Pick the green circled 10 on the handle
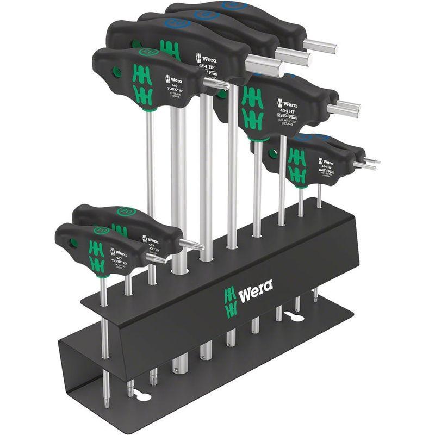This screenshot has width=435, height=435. (101, 230)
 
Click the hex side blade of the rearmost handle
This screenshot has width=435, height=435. (320, 46)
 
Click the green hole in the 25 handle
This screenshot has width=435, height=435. (115, 70)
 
